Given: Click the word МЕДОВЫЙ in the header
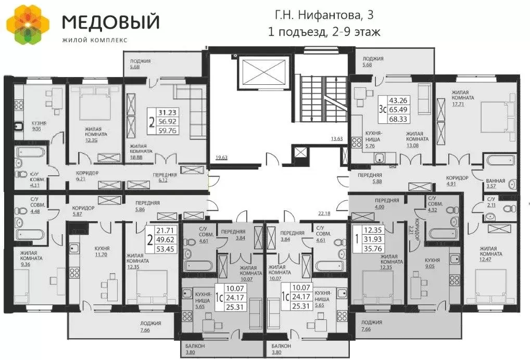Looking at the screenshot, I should click(110, 22).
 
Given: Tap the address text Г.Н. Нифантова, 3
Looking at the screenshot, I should click(324, 14).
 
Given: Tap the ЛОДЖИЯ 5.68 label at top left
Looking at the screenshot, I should click(140, 65).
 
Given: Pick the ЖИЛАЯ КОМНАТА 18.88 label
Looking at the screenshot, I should click(141, 149).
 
